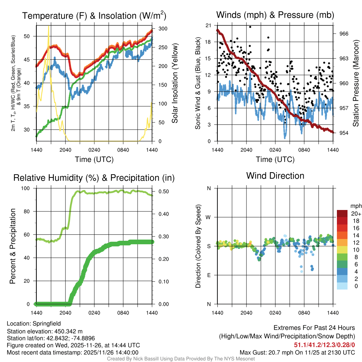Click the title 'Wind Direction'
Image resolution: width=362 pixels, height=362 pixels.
click(275, 176)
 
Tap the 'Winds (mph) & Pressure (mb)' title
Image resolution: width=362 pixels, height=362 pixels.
click(275, 15)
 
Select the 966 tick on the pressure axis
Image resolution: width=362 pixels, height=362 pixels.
click(344, 34)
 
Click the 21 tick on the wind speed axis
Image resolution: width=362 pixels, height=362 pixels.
click(208, 25)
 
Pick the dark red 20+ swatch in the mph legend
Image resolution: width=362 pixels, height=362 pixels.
click(342, 214)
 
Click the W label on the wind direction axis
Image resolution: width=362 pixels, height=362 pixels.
click(209, 217)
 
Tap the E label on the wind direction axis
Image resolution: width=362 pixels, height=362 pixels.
click(209, 275)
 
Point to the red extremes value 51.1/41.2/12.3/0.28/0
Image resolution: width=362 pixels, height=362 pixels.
click(324, 345)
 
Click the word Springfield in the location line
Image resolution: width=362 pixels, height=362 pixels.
click(47, 323)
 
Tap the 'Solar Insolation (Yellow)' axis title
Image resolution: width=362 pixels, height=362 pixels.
click(175, 83)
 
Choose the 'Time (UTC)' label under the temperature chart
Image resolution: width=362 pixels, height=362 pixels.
click(94, 159)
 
